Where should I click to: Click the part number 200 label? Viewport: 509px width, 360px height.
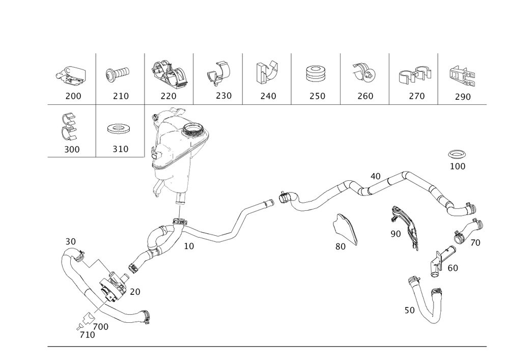73,96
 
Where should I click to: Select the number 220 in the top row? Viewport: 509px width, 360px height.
168,96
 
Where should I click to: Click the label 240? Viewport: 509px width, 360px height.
268,96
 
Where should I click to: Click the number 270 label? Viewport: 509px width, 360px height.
416,96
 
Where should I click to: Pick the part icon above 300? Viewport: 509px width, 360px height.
68,128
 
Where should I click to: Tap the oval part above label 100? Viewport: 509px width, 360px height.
457,154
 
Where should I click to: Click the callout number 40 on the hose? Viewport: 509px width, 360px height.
375,176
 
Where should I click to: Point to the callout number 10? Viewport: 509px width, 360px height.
188,246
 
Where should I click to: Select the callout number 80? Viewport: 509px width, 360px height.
341,246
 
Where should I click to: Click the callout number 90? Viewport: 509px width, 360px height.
395,234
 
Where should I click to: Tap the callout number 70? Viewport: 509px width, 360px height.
475,243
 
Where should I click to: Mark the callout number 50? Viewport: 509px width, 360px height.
409,310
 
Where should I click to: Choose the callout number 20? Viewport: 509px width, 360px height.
135,292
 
